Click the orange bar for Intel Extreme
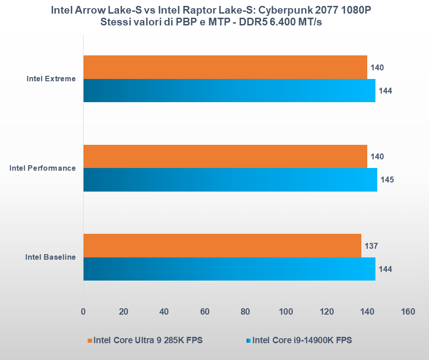(x=225, y=67)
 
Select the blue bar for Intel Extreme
(x=229, y=90)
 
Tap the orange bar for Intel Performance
(x=225, y=156)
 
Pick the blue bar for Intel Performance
(x=230, y=179)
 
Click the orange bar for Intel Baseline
(x=222, y=246)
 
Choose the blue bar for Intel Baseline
(x=229, y=269)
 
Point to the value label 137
(x=371, y=246)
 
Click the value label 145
(x=387, y=179)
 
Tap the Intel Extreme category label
(x=51, y=79)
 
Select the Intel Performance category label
(x=43, y=168)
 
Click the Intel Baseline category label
(x=50, y=257)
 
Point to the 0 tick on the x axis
(x=83, y=312)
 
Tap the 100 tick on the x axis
(x=286, y=312)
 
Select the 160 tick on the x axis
(x=408, y=312)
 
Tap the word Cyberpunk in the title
(x=285, y=10)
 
